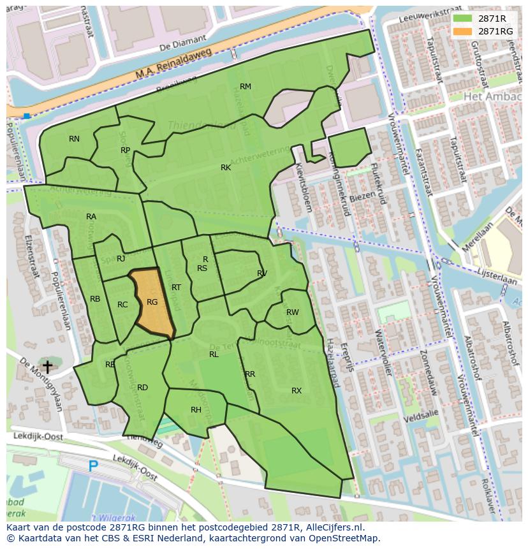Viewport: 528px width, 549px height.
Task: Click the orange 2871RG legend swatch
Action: pos(462,31)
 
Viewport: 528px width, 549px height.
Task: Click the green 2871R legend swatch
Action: pos(462,18)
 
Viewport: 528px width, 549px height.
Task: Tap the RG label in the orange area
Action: pos(152,302)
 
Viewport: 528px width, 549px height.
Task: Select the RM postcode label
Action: pos(246,87)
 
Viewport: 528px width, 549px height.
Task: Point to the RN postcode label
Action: pos(75,139)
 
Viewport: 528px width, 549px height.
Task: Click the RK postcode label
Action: pos(226,168)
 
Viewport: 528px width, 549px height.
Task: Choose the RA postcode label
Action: pos(91,217)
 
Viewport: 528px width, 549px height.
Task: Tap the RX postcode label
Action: pos(297,391)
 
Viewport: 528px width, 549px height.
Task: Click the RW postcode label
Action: pos(293,312)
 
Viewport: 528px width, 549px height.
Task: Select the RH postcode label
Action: pos(196,410)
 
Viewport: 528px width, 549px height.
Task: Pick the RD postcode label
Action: pos(142,388)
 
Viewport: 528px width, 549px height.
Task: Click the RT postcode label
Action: pos(176,288)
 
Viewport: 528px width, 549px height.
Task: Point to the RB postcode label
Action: pos(95,299)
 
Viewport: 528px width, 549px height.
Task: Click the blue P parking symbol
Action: pos(93,467)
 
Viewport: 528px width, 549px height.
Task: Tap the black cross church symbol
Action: pos(47,367)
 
